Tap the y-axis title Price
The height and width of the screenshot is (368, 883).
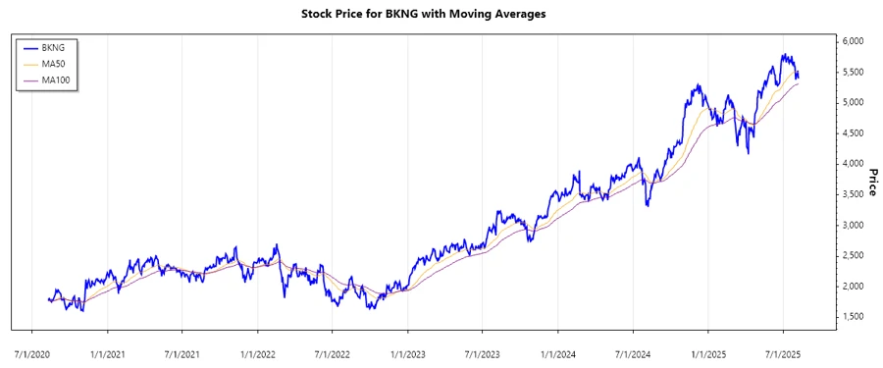point(871,183)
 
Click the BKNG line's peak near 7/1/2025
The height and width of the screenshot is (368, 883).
point(783,55)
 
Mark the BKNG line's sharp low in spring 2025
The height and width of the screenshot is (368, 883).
point(749,153)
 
